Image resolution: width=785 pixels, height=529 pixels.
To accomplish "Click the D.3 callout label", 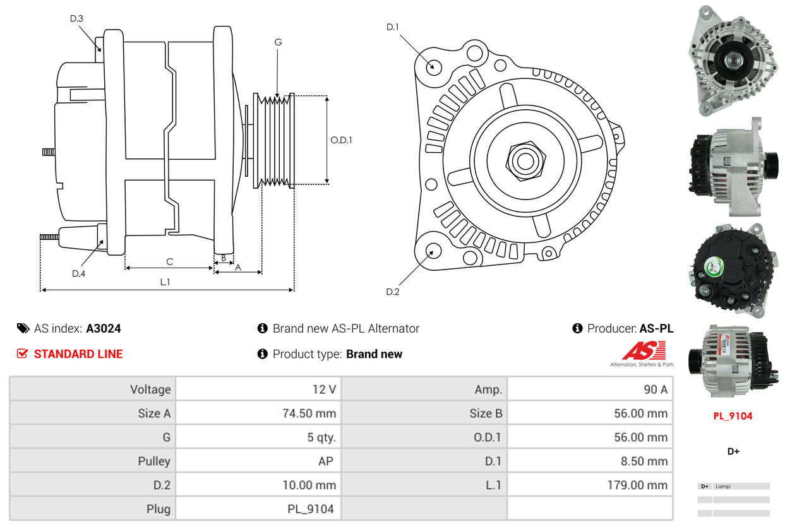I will pos(76,18).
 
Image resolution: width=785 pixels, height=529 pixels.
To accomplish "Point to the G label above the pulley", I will pos(278,42).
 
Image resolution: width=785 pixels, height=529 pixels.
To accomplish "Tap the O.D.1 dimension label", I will pos(341,140).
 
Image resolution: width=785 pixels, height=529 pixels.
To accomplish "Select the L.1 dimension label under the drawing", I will pos(165,282).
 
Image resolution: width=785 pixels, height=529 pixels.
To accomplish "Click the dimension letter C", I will pos(169,261).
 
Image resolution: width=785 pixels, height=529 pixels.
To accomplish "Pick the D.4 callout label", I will pos(78,273).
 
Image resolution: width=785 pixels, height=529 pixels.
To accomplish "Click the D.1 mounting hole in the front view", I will pos(433,66).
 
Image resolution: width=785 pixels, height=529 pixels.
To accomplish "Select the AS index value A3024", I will pos(104,328).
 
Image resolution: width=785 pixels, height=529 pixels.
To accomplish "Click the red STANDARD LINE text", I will pos(78,354).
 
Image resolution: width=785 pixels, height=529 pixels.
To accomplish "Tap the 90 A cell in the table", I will pos(655,389).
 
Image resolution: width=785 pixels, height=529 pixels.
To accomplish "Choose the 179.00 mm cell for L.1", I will pos(639,485).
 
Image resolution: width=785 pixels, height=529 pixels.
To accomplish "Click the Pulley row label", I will pos(154,461).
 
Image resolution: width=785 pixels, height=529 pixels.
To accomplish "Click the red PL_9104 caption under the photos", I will pos(733,416).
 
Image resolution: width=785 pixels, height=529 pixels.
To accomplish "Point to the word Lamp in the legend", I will pos(722,487).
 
